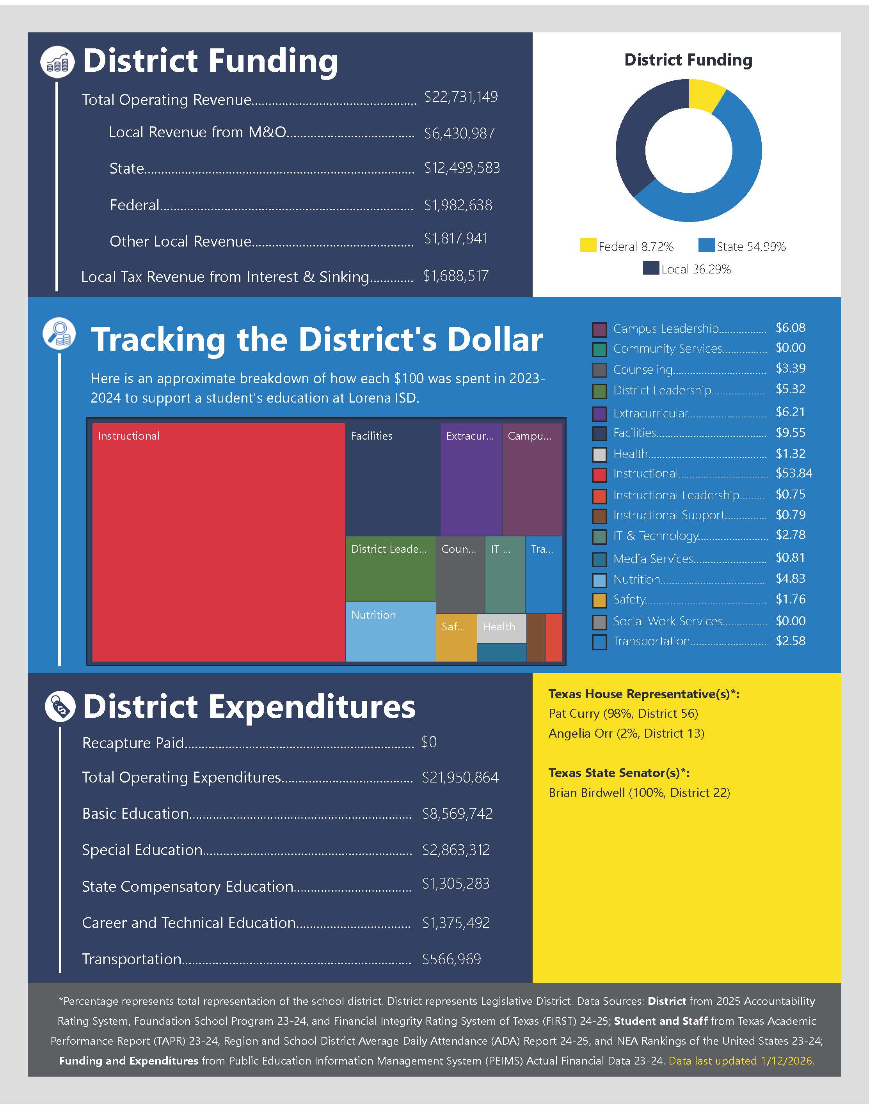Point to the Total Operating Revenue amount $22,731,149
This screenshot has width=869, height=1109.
(x=460, y=97)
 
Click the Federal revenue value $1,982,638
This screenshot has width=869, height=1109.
(x=458, y=205)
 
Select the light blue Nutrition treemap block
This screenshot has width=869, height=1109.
(x=390, y=632)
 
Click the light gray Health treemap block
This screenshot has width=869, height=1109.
(x=501, y=628)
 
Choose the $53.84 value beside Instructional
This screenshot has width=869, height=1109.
(x=793, y=474)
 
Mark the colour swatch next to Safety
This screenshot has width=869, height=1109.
(x=599, y=600)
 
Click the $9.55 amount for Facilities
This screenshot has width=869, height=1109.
(x=790, y=433)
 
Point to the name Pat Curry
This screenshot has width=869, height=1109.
(x=574, y=713)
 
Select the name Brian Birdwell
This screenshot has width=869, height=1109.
(x=586, y=793)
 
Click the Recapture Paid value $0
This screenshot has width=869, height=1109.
(x=428, y=742)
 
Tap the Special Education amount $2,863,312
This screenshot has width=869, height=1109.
(x=455, y=850)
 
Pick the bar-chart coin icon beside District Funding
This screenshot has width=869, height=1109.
(x=57, y=62)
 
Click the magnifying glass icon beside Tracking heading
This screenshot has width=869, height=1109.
(x=60, y=334)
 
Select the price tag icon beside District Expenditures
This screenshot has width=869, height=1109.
(x=60, y=707)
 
